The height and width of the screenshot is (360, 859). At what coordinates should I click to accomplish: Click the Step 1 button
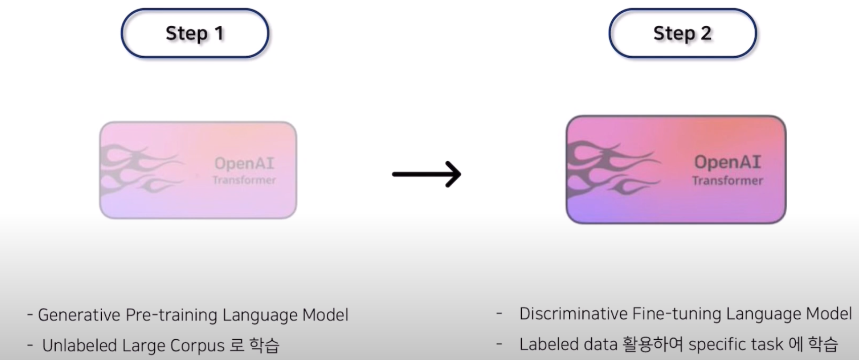tap(195, 33)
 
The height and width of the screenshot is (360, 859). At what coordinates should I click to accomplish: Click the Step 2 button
tap(682, 33)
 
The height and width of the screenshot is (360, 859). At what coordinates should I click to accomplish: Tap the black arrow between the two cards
tap(427, 174)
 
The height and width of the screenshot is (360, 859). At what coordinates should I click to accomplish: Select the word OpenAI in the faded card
tap(244, 164)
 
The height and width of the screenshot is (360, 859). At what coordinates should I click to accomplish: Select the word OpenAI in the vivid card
tap(727, 162)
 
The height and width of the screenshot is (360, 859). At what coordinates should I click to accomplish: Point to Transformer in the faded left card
tap(244, 180)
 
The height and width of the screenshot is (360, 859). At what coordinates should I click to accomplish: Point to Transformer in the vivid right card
tap(727, 180)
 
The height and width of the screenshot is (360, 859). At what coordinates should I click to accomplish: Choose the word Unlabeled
tap(79, 345)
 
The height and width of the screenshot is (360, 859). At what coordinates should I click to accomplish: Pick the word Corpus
tap(197, 346)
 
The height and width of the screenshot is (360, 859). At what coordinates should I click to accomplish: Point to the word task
tap(767, 345)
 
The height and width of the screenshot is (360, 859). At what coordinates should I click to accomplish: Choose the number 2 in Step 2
tap(706, 33)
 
